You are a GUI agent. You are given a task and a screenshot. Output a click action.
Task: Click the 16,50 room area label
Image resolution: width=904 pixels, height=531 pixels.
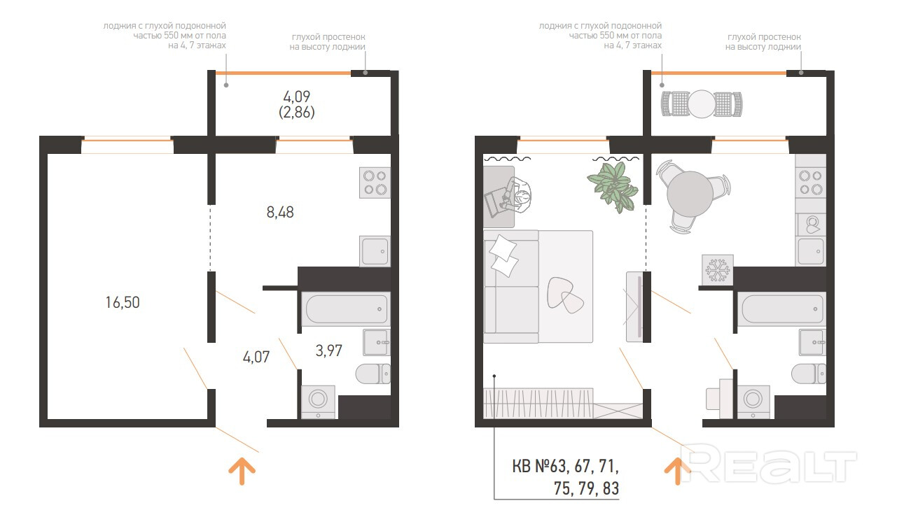(x=123, y=302)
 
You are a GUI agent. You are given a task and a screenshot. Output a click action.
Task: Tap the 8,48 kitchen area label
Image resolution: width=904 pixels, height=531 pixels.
(x=280, y=212)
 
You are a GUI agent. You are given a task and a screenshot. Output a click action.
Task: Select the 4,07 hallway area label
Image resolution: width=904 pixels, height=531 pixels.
(x=256, y=357)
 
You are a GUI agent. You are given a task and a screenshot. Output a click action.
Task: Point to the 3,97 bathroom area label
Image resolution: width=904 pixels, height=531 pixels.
(x=329, y=351)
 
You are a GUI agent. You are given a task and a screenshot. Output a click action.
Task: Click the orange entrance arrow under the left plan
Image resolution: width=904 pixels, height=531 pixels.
(x=242, y=471)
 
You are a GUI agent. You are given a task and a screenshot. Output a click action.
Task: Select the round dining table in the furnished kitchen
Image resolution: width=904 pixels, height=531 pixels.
(x=690, y=194)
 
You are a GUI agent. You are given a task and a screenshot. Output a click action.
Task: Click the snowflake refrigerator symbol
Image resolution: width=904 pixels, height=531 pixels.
(x=718, y=269)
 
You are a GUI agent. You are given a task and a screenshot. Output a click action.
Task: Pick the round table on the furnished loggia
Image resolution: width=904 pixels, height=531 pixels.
(x=702, y=104)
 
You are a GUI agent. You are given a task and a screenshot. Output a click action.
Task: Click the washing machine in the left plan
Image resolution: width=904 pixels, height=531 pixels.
(x=318, y=402)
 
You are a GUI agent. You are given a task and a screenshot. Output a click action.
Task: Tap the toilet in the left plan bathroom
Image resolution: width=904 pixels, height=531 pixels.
(x=373, y=374)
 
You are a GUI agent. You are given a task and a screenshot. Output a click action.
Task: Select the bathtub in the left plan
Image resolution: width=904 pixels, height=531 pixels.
(x=346, y=309)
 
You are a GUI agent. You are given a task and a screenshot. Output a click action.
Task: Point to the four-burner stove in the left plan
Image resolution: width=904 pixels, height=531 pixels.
(x=375, y=183)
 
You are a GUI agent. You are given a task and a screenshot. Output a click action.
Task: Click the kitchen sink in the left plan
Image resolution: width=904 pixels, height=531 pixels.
(x=375, y=251)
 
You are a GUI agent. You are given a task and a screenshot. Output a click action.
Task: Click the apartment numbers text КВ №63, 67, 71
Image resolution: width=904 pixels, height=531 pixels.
(x=565, y=467)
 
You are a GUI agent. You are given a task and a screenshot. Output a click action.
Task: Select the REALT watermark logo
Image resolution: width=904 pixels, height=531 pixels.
(x=769, y=464)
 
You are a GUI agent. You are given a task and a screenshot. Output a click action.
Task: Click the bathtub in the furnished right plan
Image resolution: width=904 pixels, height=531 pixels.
(x=781, y=309)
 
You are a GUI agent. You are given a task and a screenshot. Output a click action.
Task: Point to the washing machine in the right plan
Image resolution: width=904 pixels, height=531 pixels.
(x=753, y=402)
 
